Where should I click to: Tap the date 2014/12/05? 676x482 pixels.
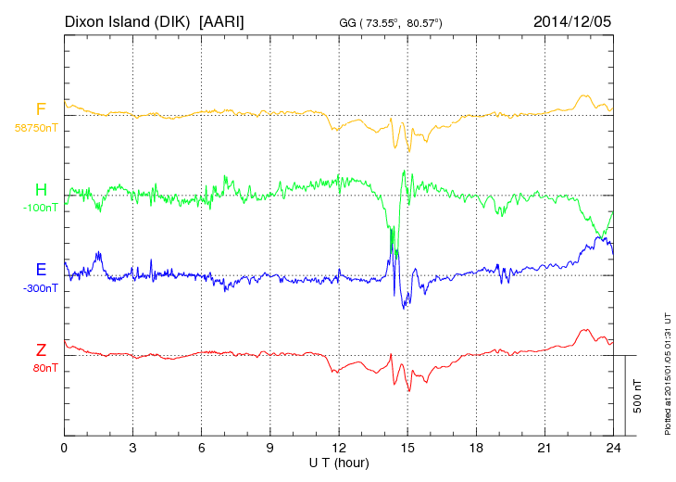click(x=572, y=20)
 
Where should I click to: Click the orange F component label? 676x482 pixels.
click(x=41, y=110)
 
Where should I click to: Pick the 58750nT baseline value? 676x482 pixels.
click(x=35, y=128)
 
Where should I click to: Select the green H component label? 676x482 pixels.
click(x=41, y=190)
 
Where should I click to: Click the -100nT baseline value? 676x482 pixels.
click(x=38, y=208)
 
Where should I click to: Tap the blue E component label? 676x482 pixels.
click(x=41, y=270)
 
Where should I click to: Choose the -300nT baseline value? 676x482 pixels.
click(x=38, y=287)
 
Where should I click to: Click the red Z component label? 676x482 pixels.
click(x=41, y=349)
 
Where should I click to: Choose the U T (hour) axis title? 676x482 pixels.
click(x=339, y=462)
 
